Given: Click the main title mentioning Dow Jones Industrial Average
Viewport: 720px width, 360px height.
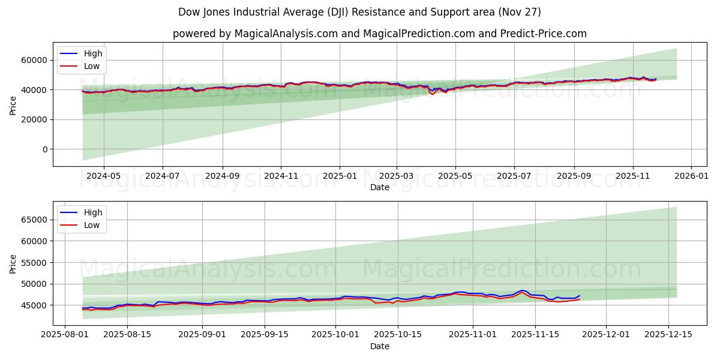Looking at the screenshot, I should [x=359, y=12].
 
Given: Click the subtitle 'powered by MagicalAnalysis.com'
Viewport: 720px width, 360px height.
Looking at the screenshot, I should [x=379, y=34].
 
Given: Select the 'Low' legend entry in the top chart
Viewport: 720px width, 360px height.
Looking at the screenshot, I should [x=92, y=66].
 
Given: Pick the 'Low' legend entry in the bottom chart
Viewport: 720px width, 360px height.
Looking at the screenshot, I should [x=92, y=225].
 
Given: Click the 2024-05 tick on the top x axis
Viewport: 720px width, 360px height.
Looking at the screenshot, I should [x=104, y=176].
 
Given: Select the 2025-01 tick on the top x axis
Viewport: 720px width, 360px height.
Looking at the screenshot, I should [x=340, y=176].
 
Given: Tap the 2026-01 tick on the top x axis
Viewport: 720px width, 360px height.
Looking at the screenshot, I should [x=691, y=176].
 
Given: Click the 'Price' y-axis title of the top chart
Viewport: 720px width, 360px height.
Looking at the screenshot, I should [x=13, y=104].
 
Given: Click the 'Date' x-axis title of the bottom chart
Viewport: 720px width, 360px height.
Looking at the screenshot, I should [x=379, y=346].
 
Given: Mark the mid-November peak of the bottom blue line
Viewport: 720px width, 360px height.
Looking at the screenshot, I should [x=521, y=290].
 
